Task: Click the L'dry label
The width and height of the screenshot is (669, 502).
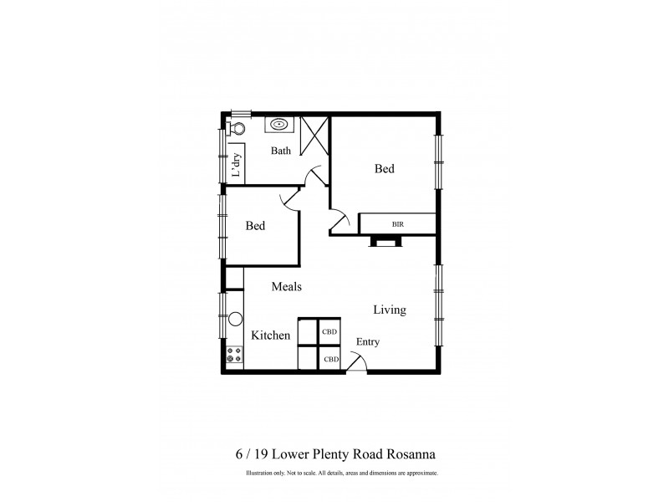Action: coord(237,166)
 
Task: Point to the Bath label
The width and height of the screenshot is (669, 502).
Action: coord(280,151)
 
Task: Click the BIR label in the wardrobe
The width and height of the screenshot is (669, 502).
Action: coord(397,224)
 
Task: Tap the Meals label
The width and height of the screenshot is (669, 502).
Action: coord(286,286)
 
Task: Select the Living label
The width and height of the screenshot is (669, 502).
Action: coord(390,310)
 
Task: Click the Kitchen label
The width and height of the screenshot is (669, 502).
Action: coord(271,336)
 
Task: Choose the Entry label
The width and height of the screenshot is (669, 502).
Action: coord(368,341)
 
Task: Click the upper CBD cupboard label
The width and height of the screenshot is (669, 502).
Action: coord(331,330)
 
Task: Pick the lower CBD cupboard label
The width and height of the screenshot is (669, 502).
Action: coord(331,359)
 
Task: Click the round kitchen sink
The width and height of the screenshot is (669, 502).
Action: coord(235,319)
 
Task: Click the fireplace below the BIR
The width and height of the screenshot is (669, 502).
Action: coord(386,242)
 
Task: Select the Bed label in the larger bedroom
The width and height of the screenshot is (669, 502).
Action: coord(384,169)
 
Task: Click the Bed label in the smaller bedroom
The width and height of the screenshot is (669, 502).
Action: coord(255,226)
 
